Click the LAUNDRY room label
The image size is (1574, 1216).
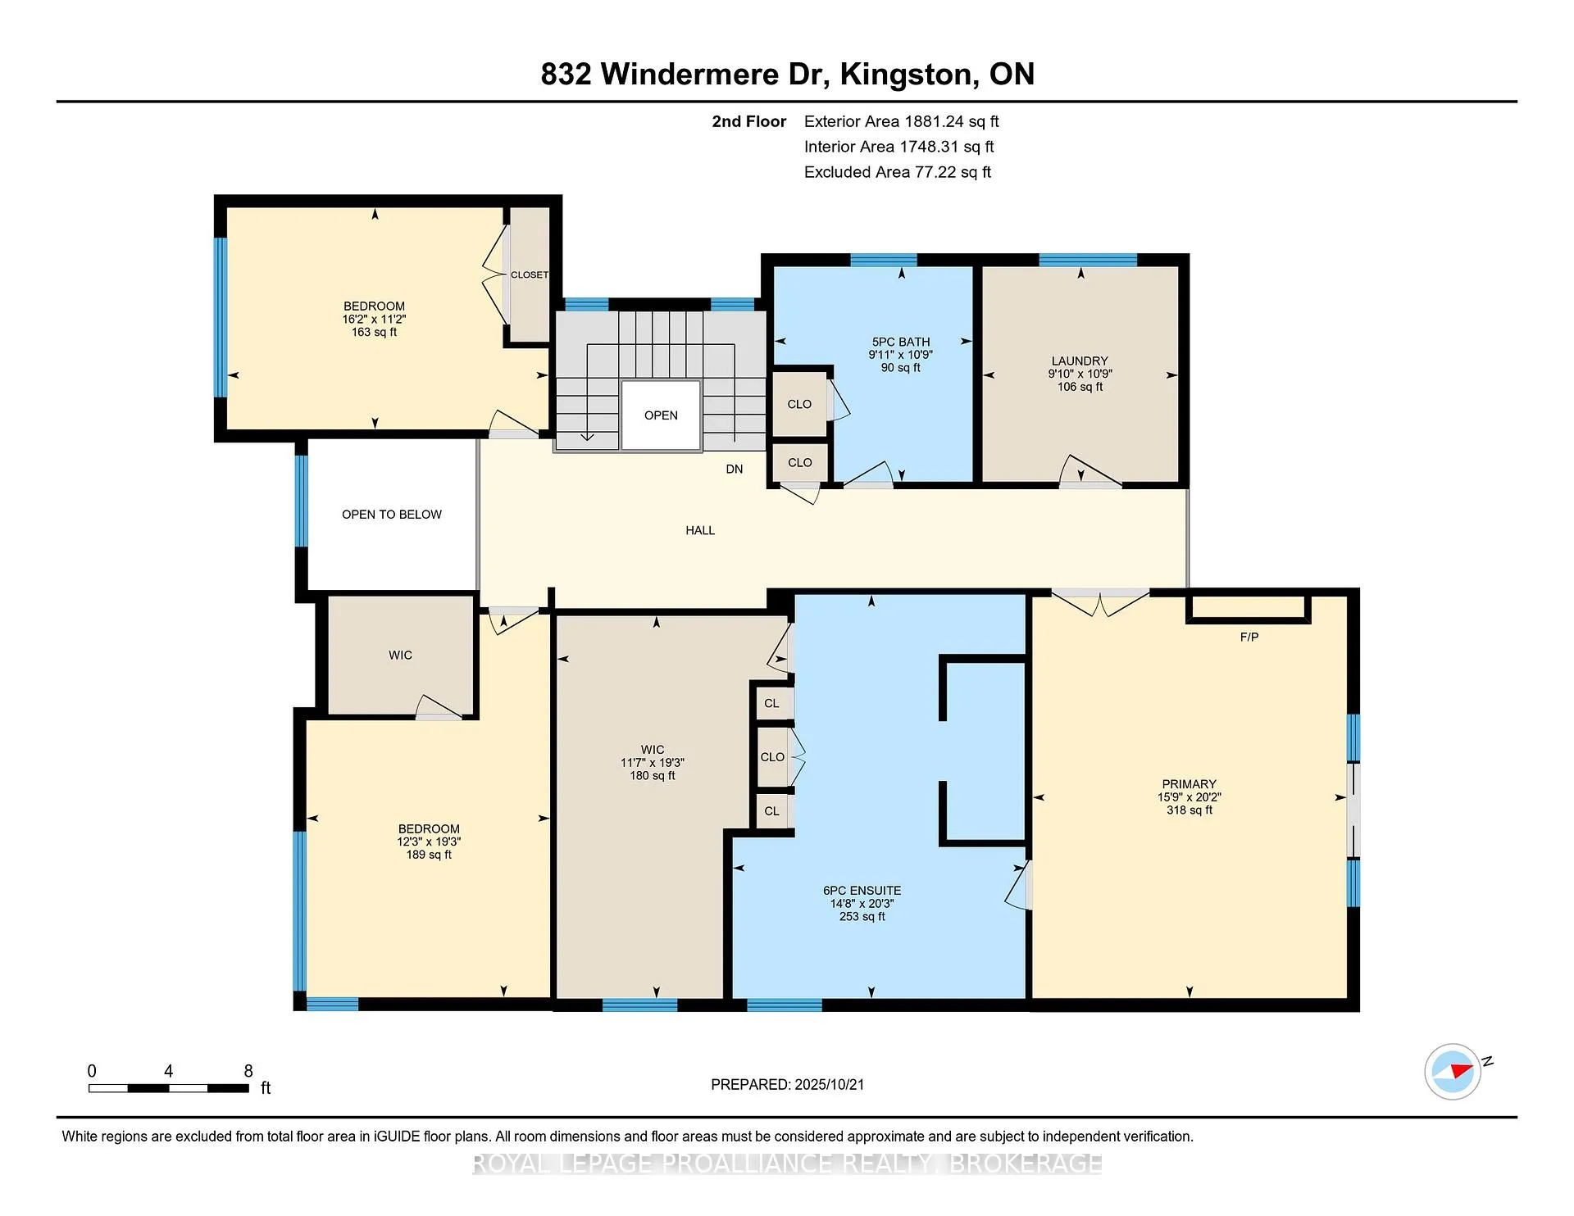pos(1080,361)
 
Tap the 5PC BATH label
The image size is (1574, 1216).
pos(901,342)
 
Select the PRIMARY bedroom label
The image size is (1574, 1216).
pos(1189,784)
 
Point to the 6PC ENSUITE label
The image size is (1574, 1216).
pos(862,891)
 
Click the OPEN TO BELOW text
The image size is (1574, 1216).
pos(392,515)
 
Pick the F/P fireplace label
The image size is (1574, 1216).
pos(1249,637)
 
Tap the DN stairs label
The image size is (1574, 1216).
pos(735,470)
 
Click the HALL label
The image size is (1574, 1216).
pos(700,530)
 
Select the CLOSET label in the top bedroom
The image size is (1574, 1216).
pos(530,275)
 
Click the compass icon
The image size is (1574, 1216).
pos(1453,1071)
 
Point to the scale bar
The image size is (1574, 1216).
pos(169,1088)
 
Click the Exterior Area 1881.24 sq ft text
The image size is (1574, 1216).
pos(902,121)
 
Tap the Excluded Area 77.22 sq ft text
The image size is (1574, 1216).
pos(898,172)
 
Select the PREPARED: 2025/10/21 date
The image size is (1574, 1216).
pos(788,1084)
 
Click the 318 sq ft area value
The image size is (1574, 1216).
pos(1190,810)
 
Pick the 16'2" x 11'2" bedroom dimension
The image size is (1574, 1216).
pos(375,320)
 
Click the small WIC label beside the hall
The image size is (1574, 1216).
pos(401,656)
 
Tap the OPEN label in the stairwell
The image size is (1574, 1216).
pos(661,415)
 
